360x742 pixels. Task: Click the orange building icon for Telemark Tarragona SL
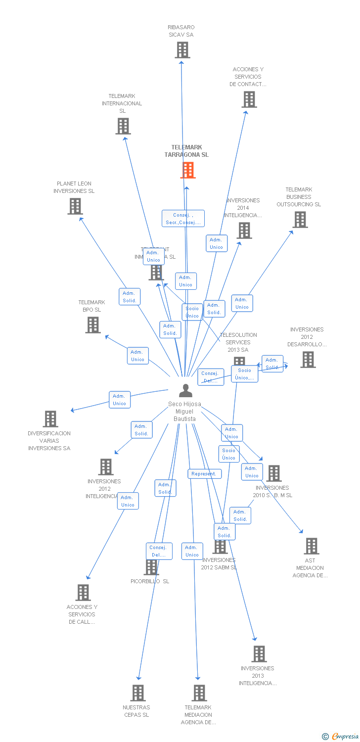(187, 170)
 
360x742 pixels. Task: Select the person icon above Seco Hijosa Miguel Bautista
(185, 391)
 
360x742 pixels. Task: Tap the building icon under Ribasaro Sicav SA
(182, 50)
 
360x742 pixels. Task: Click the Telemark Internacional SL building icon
(123, 126)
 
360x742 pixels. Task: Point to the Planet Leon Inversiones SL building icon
(75, 206)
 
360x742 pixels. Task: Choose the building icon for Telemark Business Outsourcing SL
(300, 219)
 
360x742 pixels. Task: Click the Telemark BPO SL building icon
(92, 325)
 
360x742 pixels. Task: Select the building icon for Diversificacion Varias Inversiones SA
(50, 419)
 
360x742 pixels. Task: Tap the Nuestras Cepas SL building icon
(138, 693)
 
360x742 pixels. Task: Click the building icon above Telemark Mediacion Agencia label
(199, 693)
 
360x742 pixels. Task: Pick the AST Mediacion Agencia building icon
(311, 546)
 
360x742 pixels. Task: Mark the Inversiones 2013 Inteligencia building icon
(259, 654)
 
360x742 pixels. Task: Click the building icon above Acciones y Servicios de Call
(83, 593)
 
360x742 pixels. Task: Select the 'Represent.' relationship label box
(204, 474)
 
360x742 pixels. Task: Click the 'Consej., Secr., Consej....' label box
(183, 219)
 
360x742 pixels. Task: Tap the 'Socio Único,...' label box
(245, 374)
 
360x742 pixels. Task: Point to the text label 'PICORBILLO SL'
(150, 581)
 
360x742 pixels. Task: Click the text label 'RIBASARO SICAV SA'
(181, 31)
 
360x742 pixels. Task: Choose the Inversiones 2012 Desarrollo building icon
(308, 360)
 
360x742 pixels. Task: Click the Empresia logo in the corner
(341, 737)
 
